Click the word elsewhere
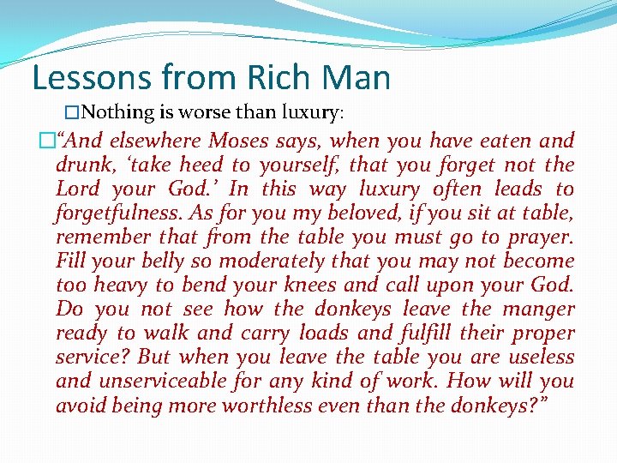[156, 141]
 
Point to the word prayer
[539, 237]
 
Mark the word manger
[538, 309]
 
